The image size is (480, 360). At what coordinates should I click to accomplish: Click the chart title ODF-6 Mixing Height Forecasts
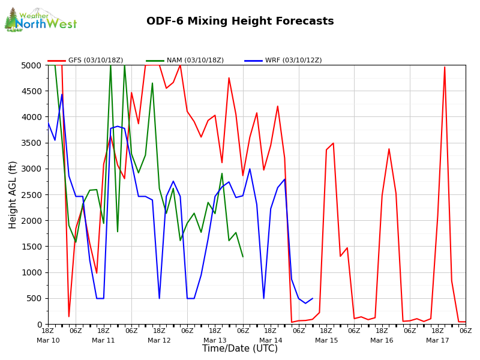tap(240, 22)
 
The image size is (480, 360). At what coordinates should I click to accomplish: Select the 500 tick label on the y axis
tap(35, 298)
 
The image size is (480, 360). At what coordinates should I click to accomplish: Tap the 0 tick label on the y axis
tap(40, 325)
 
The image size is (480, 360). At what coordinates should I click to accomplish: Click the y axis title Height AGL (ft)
tap(13, 194)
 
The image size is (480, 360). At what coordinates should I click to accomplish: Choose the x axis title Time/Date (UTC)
tap(240, 349)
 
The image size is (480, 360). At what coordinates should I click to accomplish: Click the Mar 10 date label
tap(48, 340)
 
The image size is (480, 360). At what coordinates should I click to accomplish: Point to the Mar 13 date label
tap(215, 340)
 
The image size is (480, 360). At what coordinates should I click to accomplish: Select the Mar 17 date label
tap(437, 340)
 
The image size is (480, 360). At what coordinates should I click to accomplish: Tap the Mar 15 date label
tap(326, 340)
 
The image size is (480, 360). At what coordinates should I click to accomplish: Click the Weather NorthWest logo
tap(41, 20)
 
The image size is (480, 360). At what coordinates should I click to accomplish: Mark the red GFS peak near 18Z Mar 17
tap(445, 67)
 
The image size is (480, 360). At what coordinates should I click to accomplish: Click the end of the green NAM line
tap(243, 257)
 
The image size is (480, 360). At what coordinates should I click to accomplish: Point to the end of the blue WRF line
tap(313, 298)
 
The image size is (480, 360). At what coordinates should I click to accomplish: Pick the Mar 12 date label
tap(159, 340)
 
